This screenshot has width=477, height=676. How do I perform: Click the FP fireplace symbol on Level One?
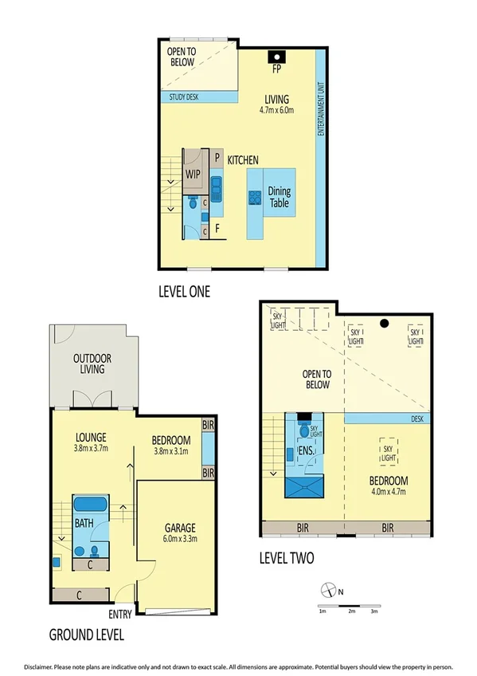click(x=276, y=57)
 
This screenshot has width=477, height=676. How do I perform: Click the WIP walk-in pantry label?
click(x=193, y=175)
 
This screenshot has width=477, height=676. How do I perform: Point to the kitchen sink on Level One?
click(x=216, y=188)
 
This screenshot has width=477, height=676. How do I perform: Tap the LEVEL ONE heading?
click(x=184, y=292)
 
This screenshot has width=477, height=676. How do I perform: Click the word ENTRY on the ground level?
click(x=121, y=614)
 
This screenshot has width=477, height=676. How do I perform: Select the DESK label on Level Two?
click(x=419, y=418)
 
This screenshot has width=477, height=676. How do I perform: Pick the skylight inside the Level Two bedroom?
click(x=389, y=450)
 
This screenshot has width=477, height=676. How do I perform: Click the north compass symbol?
click(x=327, y=591)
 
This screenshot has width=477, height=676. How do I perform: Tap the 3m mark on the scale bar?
click(x=374, y=612)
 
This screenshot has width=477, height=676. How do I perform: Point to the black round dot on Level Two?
click(x=384, y=323)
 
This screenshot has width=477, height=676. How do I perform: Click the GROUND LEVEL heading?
click(x=86, y=635)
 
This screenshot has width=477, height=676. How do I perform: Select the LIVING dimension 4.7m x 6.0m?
click(x=276, y=110)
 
